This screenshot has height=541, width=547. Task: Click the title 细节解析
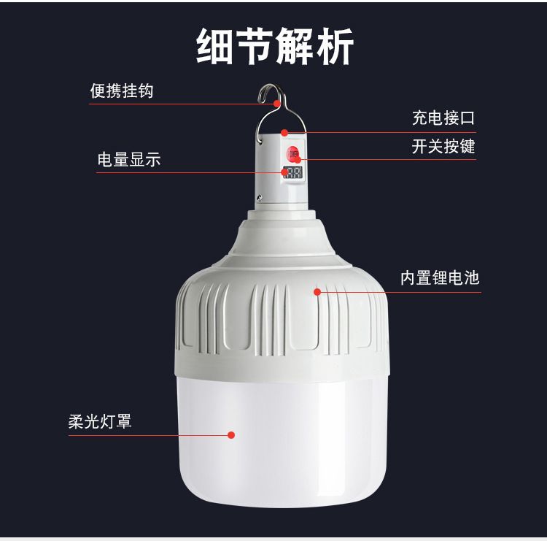[x=275, y=46]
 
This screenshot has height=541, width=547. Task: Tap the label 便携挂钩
[x=122, y=91]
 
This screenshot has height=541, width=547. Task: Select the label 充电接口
[x=443, y=118]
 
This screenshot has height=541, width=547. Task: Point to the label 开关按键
[x=443, y=145]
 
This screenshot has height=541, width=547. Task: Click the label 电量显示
[x=129, y=159]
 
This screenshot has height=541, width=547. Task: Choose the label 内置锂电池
[x=440, y=277]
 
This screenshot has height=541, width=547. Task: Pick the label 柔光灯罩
[x=100, y=421]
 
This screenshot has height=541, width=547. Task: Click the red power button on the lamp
[x=292, y=153]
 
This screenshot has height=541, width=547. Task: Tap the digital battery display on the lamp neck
[x=292, y=172]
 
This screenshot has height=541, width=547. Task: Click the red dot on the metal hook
[x=277, y=104]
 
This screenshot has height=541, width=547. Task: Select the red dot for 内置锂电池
[x=317, y=291]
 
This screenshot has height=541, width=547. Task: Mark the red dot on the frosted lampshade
[x=231, y=435]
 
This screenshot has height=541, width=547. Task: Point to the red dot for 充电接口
[x=284, y=132]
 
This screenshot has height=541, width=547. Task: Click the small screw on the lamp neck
[x=259, y=198]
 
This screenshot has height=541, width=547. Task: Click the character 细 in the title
[x=215, y=47]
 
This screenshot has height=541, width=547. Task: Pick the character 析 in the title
[x=335, y=47]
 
